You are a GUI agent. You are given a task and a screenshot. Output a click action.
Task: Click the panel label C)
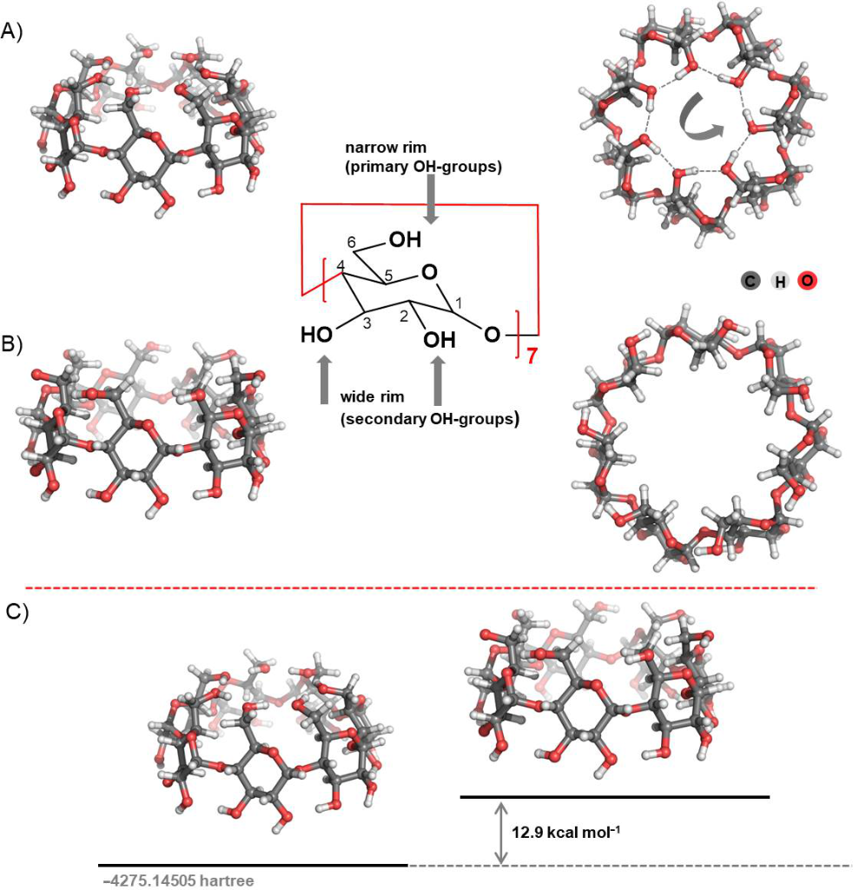tap(18, 612)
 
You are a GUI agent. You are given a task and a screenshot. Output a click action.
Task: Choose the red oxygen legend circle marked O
tap(809, 281)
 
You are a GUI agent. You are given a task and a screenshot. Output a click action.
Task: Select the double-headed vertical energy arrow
tap(500, 833)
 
